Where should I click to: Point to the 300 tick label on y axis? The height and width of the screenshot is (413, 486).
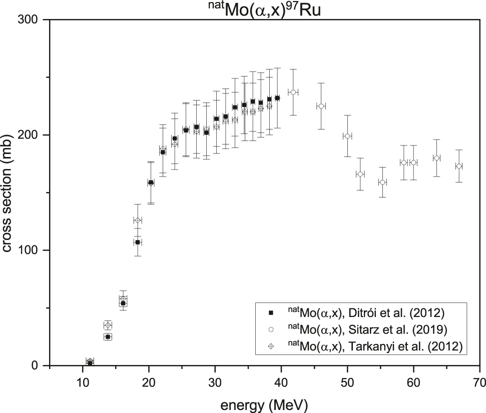(x=32, y=19)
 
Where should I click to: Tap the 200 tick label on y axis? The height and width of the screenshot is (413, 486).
(x=32, y=135)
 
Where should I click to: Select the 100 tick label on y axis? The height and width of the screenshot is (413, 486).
(x=32, y=250)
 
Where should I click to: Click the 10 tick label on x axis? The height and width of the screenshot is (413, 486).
(x=82, y=383)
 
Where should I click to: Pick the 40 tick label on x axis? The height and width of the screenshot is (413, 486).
(x=281, y=383)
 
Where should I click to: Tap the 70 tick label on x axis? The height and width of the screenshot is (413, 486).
(x=479, y=383)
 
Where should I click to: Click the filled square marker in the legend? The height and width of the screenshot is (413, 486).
(x=271, y=313)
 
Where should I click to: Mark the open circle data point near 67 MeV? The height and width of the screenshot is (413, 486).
(x=459, y=166)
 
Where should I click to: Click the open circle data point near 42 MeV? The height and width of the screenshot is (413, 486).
(x=293, y=92)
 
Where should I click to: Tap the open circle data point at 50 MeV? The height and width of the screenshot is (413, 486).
(x=347, y=136)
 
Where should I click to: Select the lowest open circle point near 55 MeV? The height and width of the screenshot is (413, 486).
(x=382, y=182)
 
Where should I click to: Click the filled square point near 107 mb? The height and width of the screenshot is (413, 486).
(x=138, y=242)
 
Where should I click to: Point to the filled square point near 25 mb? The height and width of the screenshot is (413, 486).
(x=108, y=337)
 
